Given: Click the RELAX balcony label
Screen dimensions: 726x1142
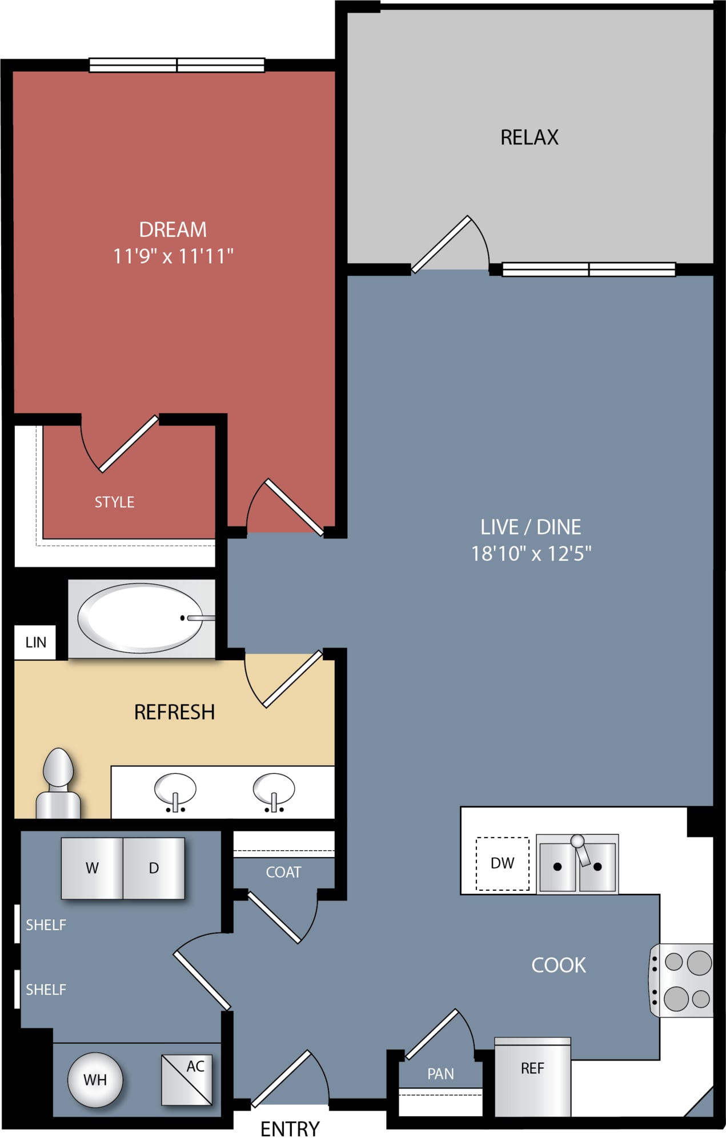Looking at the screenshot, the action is tap(530, 138).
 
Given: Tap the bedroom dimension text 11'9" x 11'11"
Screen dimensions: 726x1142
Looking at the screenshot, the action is tap(173, 256).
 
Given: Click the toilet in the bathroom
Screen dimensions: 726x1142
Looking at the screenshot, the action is tap(58, 783).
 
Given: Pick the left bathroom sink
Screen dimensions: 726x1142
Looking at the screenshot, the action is tap(175, 792).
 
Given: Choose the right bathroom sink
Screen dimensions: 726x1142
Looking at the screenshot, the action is tap(274, 792).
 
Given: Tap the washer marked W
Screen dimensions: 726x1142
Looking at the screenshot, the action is tap(92, 868).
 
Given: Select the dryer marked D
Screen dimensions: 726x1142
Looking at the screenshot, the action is tap(154, 868).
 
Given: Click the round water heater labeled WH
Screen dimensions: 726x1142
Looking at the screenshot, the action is tap(95, 1080).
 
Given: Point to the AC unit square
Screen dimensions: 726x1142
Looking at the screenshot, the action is tap(187, 1079).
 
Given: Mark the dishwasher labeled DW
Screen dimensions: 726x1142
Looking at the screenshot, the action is tap(503, 863).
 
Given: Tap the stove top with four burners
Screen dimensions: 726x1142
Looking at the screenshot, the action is tap(681, 980).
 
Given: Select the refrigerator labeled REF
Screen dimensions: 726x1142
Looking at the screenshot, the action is tap(532, 1077).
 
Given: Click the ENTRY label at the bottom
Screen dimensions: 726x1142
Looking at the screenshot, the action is tap(290, 1129).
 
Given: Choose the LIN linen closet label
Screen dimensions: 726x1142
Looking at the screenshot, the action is tap(35, 642).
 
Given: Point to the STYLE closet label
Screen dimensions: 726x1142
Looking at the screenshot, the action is tap(114, 502).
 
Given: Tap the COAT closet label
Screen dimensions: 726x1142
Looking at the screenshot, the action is tap(283, 872).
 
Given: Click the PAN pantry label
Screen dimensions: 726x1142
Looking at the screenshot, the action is tap(440, 1074).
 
